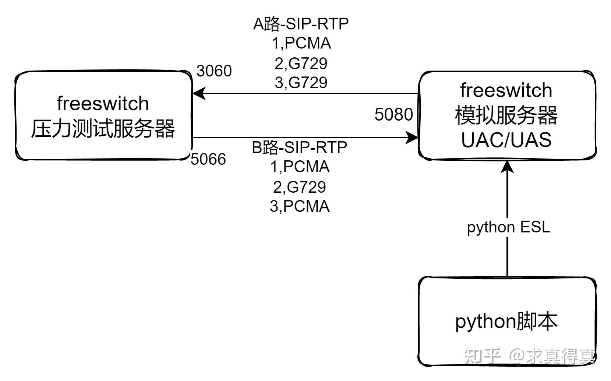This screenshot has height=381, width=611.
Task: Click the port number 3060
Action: [214, 71]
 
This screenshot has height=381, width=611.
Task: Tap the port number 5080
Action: [393, 114]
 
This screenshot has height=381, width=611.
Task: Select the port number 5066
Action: [208, 159]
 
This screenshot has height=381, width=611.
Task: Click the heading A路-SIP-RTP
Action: [301, 24]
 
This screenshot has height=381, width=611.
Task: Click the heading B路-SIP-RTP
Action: [299, 147]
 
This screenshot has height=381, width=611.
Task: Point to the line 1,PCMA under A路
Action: [301, 43]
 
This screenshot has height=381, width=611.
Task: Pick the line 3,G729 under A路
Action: [301, 82]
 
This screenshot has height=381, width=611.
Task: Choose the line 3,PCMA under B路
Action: [300, 206]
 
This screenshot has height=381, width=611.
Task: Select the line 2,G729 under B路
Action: [299, 187]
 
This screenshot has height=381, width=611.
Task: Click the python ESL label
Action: [508, 227]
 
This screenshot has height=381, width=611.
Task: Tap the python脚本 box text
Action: [506, 321]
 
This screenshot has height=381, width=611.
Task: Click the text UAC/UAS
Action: [506, 140]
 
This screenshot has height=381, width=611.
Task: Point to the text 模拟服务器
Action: [506, 115]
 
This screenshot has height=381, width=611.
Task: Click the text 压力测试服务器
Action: [103, 129]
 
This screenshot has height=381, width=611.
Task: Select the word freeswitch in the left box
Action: [103, 104]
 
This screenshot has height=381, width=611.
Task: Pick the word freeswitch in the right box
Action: [506, 90]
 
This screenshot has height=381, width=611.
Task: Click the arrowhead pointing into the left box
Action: [198, 93]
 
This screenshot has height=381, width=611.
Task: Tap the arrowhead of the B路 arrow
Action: [412, 138]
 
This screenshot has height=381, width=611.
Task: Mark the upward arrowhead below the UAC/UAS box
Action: [508, 167]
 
